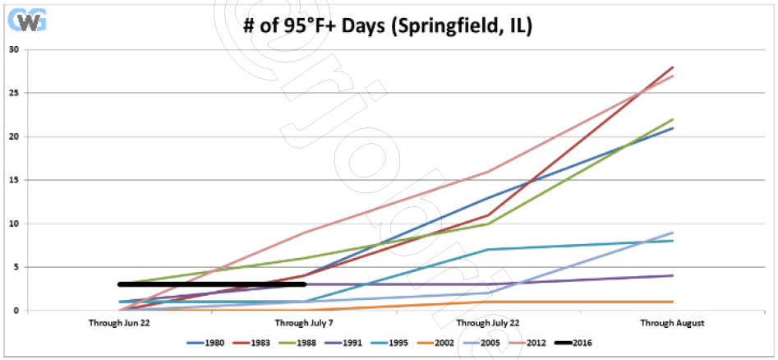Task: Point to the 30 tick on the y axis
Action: [x=13, y=49]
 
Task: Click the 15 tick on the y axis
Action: [x=13, y=180]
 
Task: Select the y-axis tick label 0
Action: [x=16, y=311]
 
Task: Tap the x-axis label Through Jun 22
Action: [x=120, y=323]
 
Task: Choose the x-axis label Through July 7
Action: [x=305, y=323]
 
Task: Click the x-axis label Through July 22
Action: [x=490, y=323]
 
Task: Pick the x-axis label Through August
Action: [x=674, y=323]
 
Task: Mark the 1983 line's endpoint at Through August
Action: [x=674, y=67]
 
